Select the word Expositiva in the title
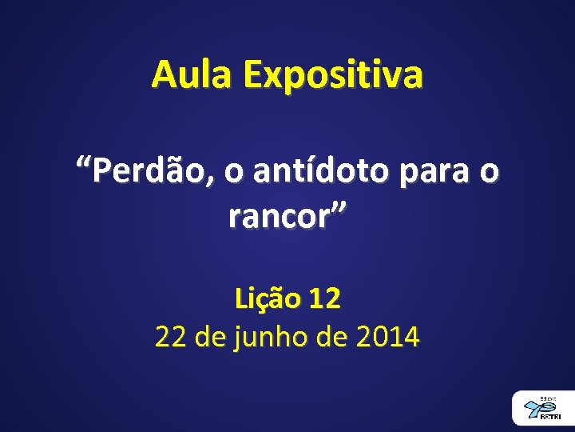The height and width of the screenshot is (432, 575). [x=334, y=76]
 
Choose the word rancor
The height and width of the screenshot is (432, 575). [x=278, y=216]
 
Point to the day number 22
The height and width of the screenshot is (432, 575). [x=170, y=337]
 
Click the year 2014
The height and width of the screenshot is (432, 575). [x=388, y=337]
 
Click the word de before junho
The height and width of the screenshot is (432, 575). [x=210, y=337]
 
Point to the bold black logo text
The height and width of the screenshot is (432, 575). [x=549, y=417]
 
